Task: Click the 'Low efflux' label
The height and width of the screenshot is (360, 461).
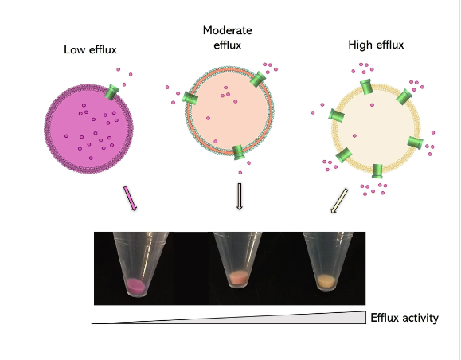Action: point(90,49)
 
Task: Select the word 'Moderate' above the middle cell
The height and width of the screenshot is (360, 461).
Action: point(227,30)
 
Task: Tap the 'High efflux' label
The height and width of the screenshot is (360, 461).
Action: point(376,45)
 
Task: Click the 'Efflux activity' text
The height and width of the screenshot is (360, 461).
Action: point(404,318)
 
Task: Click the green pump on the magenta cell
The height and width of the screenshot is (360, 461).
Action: point(111,92)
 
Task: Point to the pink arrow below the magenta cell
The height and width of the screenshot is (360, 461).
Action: point(130,198)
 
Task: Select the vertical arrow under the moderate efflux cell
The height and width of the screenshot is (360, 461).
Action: point(240,197)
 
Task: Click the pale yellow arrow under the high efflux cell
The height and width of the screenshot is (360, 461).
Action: point(339,201)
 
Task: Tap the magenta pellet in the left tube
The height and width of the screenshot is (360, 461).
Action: point(135,285)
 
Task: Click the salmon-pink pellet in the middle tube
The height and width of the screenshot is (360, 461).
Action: point(238,277)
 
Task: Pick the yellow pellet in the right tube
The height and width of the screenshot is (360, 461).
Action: point(326,281)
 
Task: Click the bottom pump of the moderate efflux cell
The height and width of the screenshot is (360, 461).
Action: point(238,152)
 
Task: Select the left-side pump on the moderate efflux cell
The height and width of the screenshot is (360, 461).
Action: point(189,97)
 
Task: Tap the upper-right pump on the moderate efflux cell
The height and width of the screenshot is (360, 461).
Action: point(258,79)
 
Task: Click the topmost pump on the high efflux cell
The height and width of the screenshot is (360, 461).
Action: point(366,87)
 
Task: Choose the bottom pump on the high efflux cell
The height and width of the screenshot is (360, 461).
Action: point(377,171)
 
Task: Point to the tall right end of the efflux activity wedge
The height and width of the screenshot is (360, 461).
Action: point(365,317)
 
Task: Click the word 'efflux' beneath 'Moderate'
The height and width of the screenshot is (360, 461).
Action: point(227,45)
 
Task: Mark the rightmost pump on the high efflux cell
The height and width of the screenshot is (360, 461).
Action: point(416,143)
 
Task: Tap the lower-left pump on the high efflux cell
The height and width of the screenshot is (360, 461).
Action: point(344,155)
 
